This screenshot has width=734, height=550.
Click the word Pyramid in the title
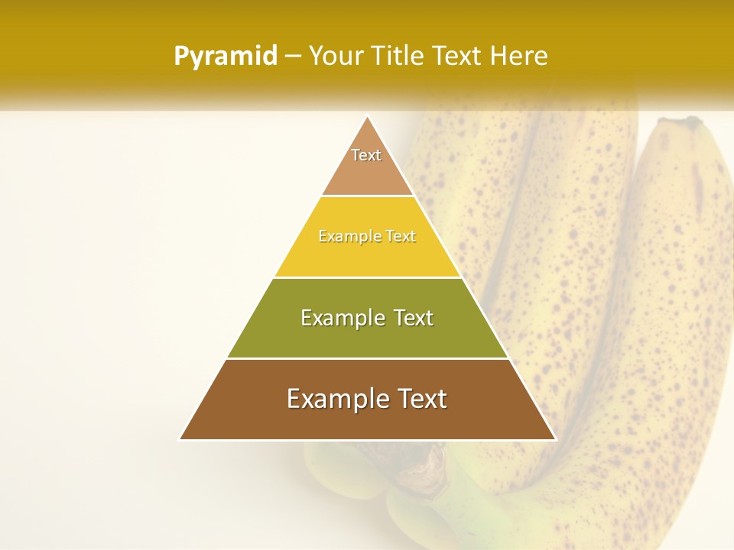(x=226, y=57)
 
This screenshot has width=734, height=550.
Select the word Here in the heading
(x=519, y=57)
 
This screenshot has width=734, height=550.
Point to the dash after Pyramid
(x=293, y=57)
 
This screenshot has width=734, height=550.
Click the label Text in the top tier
(x=366, y=155)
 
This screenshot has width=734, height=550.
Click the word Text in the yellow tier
(x=401, y=236)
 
